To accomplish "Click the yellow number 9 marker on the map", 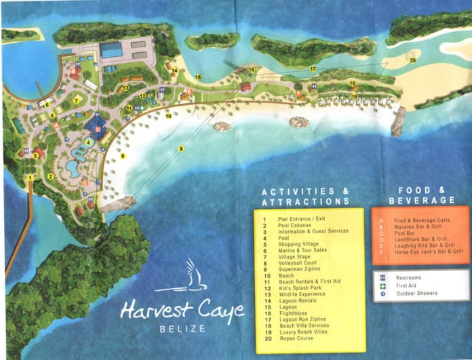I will pyautogui.click(x=181, y=148).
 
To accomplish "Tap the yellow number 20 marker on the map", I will pyautogui.click(x=412, y=60).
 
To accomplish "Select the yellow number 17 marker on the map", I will pyautogui.click(x=313, y=69).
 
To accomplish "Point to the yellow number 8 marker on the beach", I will pyautogui.click(x=123, y=156).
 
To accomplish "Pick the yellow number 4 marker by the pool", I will pyautogui.click(x=88, y=142).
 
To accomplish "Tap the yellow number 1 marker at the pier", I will pyautogui.click(x=31, y=178).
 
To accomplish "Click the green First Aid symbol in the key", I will pyautogui.click(x=385, y=285).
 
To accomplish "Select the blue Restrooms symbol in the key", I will pyautogui.click(x=385, y=277).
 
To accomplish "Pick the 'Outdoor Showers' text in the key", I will pyautogui.click(x=417, y=294).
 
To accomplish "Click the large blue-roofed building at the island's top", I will pyautogui.click(x=112, y=49).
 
